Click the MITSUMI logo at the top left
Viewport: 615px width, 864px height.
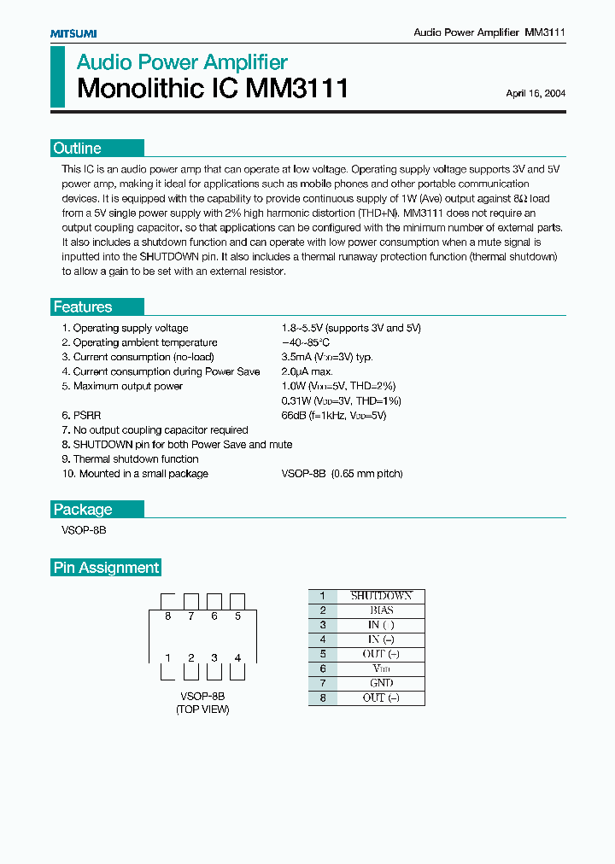coord(73,32)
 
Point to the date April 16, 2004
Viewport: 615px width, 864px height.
coord(535,94)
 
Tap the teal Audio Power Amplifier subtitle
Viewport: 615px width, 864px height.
coord(182,62)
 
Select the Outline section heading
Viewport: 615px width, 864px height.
coord(77,149)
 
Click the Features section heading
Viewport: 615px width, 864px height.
coord(83,307)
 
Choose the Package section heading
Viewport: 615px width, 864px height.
coord(83,510)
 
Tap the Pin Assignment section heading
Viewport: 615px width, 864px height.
coord(107,568)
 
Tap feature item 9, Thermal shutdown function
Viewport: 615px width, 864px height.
coord(130,458)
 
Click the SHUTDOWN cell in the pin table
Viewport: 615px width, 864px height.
coord(381,596)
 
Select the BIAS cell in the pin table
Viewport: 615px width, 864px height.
coord(381,610)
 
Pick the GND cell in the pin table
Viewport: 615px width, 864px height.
coord(381,683)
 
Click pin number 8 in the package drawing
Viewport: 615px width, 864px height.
coord(168,616)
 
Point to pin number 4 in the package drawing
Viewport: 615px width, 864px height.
coord(237,657)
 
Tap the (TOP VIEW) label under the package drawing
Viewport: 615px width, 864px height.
coord(202,709)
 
